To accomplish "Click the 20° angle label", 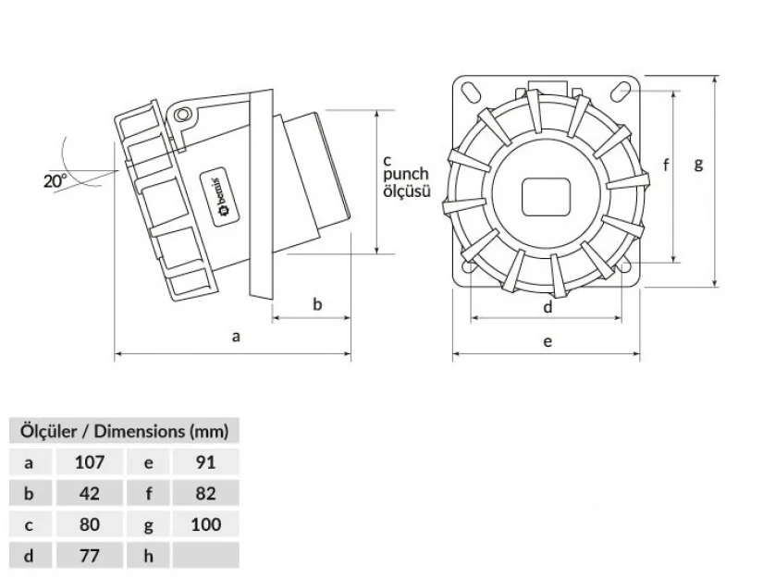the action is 55,180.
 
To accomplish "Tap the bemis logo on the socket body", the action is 219,197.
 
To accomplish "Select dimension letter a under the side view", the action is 236,337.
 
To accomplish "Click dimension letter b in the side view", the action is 317,304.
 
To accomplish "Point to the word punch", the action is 406,174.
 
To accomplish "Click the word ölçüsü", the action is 407,191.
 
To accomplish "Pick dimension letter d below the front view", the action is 548,307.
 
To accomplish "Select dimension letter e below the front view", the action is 548,341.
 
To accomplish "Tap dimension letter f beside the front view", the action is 666,166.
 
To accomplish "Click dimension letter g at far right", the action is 699,164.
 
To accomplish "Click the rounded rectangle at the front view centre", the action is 546,197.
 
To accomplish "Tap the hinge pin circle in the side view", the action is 182,115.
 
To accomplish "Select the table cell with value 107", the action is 90,462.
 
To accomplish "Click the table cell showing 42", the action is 90,493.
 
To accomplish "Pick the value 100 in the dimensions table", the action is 206,524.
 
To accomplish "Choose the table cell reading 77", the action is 90,556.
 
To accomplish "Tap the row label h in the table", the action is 148,556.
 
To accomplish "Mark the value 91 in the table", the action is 206,462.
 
